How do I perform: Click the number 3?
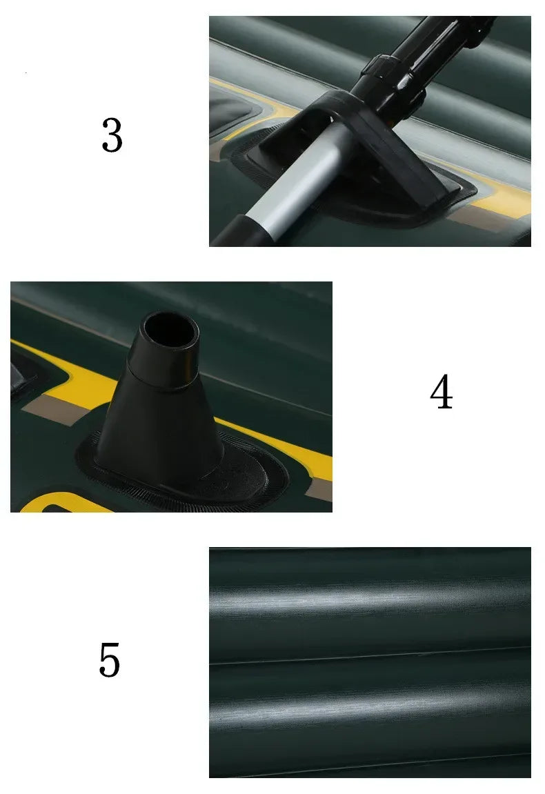click(x=112, y=135)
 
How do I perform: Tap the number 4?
click(x=441, y=393)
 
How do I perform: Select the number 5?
click(x=110, y=659)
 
